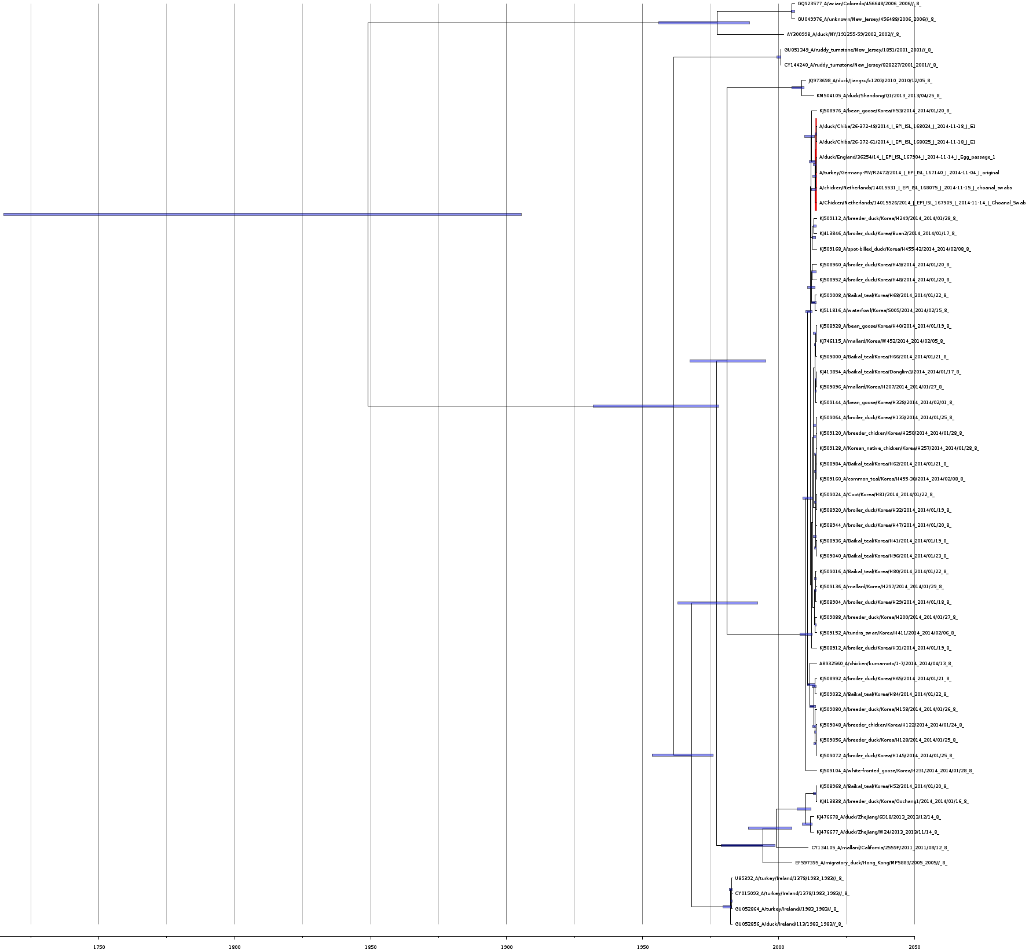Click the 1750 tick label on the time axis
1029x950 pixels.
(98, 947)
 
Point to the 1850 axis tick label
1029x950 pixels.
(371, 947)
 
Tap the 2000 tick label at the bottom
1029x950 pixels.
(778, 947)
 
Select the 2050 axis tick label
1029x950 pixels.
(914, 947)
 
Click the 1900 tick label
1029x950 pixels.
(506, 947)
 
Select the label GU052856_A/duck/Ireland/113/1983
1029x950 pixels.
(789, 925)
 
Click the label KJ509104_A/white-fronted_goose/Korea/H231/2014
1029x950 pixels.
(896, 771)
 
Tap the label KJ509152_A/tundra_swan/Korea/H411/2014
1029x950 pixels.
(887, 633)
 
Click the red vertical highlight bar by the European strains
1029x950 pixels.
(816, 164)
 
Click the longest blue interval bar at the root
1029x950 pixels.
(262, 214)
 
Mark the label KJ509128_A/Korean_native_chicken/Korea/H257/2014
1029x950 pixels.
(899, 449)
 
